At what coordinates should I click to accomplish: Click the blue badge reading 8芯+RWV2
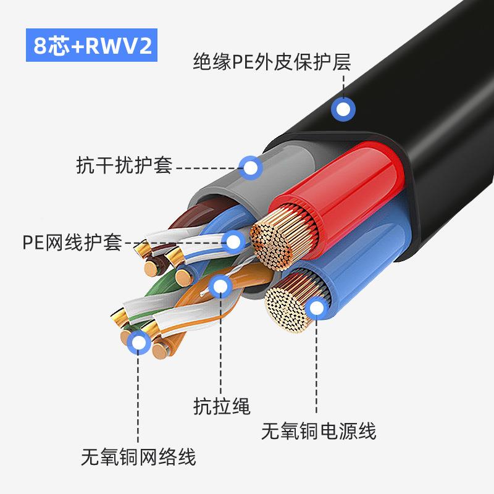(x=93, y=46)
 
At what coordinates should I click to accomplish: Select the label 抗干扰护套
(x=124, y=166)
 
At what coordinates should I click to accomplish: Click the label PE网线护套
(x=72, y=241)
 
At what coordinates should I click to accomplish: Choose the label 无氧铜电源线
(x=319, y=430)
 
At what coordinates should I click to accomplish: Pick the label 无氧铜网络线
(x=138, y=458)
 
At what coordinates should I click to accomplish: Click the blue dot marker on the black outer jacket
(x=343, y=110)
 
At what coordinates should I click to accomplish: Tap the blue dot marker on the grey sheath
(x=250, y=167)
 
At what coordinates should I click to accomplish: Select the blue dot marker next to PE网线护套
(x=233, y=241)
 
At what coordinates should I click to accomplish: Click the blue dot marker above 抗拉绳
(x=219, y=285)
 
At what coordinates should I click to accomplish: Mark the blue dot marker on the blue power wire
(x=317, y=307)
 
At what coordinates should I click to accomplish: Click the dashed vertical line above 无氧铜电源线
(x=317, y=364)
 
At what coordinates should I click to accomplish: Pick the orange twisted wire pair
(x=204, y=309)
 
